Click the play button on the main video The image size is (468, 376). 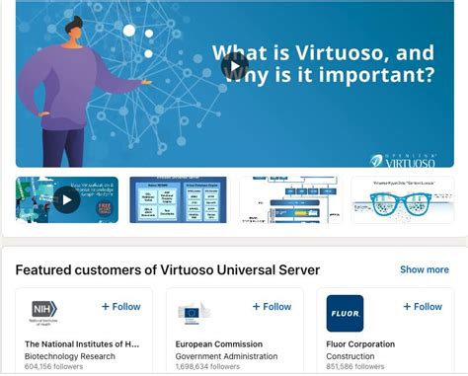(x=235, y=66)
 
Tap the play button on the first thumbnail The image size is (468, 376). (x=66, y=200)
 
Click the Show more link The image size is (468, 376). (x=424, y=269)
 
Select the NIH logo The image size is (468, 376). (x=44, y=313)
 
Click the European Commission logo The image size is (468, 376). (x=194, y=313)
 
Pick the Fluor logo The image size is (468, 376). (x=345, y=313)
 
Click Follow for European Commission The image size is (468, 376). (x=272, y=307)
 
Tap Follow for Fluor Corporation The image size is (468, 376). (x=423, y=307)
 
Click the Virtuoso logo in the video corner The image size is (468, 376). (x=403, y=159)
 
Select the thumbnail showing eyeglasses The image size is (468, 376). (x=403, y=199)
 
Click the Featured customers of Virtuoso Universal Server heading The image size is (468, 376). (x=168, y=269)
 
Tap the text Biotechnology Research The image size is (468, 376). (x=71, y=356)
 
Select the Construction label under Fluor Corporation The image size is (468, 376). (x=351, y=356)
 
